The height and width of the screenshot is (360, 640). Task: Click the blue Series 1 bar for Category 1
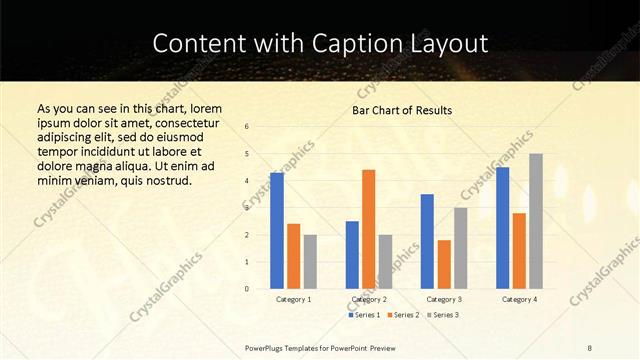pos(276,230)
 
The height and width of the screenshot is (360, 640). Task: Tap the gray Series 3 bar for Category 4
pos(536,221)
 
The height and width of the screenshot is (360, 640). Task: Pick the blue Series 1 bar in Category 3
pos(427,241)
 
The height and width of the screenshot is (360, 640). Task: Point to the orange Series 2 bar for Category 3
pos(444,264)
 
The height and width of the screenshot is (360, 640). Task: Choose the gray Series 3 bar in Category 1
pos(310,261)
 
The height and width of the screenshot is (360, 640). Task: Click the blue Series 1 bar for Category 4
pos(502,227)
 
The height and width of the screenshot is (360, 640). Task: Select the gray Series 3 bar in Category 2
pos(385,261)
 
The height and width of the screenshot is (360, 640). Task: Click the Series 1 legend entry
pos(364,314)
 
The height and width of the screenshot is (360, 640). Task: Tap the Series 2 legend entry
pos(403,314)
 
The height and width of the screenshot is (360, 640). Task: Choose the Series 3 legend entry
pos(443,314)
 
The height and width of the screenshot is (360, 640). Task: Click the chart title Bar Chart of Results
pos(402,110)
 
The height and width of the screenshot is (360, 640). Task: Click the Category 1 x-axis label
pos(293,299)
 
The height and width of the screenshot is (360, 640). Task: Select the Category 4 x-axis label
pos(519,299)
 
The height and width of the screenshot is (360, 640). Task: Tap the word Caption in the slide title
pos(368,43)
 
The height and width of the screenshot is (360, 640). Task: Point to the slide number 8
pos(590,347)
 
